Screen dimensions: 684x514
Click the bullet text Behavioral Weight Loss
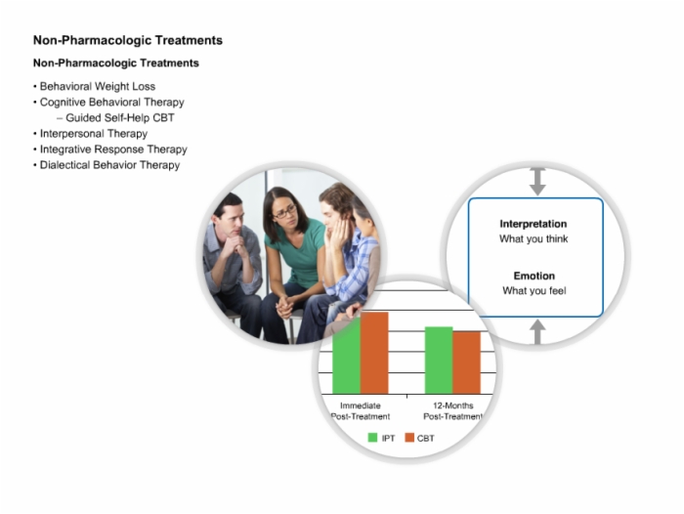click(x=98, y=86)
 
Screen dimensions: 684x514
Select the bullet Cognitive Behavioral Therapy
click(x=111, y=102)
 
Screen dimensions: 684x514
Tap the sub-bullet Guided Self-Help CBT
click(x=120, y=118)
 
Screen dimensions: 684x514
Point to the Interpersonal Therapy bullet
click(x=94, y=134)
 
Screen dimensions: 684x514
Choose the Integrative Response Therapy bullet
click(x=113, y=150)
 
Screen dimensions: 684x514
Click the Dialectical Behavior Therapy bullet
click(x=109, y=165)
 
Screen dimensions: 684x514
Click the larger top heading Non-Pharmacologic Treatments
click(x=128, y=40)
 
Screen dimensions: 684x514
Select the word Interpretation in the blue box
click(x=534, y=224)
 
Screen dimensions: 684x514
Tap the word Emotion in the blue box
click(x=534, y=276)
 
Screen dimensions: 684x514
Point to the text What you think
click(x=534, y=238)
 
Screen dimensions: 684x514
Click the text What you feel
click(x=534, y=290)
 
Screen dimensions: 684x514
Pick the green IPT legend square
click(x=372, y=437)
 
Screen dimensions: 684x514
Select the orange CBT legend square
click(x=409, y=437)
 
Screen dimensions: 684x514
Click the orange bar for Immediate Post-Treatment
click(x=374, y=353)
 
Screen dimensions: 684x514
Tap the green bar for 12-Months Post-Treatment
click(x=439, y=361)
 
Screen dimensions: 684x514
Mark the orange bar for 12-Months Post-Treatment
click(x=467, y=363)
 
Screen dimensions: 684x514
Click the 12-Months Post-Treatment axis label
click(x=452, y=411)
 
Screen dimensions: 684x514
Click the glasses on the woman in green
click(x=285, y=212)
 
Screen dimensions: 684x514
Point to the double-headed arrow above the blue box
click(x=537, y=181)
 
